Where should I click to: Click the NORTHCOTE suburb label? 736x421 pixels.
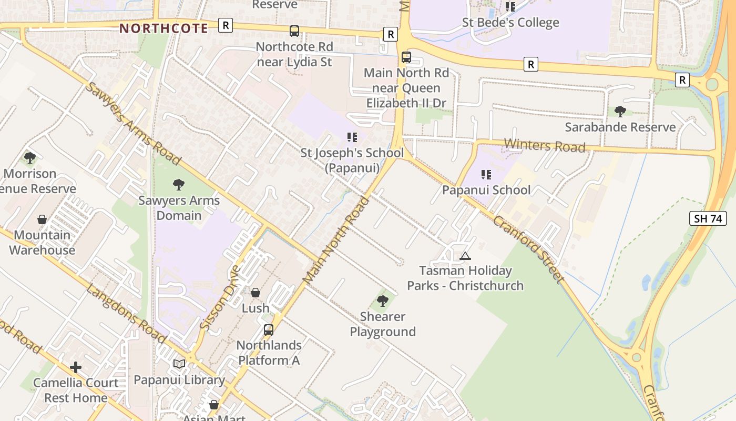click(x=163, y=28)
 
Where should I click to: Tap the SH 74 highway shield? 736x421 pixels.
click(x=708, y=218)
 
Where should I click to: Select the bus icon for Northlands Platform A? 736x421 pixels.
click(x=269, y=330)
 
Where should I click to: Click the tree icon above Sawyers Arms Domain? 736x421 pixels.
click(x=179, y=184)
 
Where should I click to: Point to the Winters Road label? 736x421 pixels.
click(x=544, y=145)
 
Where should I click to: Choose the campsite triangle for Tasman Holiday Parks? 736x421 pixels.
click(x=465, y=256)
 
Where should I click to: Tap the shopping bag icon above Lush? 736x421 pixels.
click(x=255, y=293)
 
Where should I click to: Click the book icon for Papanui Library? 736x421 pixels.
click(x=179, y=364)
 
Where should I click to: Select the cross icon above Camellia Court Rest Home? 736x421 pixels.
click(x=76, y=367)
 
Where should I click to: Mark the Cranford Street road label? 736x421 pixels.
click(x=528, y=248)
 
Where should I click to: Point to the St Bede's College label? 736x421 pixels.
click(x=510, y=23)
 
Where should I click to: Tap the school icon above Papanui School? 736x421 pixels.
click(x=486, y=174)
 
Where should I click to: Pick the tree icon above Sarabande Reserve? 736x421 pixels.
click(x=620, y=111)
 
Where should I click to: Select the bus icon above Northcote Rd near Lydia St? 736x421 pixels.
click(x=294, y=31)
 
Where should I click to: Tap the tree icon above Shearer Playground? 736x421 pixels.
click(x=383, y=301)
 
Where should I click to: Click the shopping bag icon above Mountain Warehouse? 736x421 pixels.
click(x=42, y=219)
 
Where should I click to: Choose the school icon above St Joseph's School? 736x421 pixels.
click(x=352, y=137)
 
